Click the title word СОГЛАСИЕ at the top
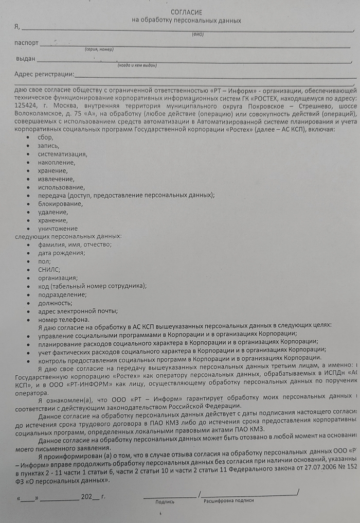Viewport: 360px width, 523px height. (187, 12)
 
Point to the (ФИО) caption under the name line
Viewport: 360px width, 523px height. (198, 34)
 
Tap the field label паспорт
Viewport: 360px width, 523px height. (27, 43)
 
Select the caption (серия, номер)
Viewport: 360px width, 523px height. (99, 50)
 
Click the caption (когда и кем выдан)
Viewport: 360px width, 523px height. (137, 65)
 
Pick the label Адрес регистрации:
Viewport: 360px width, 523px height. (45, 74)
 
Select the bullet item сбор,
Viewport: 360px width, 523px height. (45, 137)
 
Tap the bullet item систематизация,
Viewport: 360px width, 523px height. (62, 154)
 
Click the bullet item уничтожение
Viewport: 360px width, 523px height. (58, 229)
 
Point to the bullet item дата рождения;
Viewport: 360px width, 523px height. (62, 253)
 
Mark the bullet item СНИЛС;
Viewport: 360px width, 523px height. (49, 269)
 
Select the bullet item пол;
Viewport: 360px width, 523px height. (45, 261)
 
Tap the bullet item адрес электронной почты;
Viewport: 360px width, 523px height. (78, 310)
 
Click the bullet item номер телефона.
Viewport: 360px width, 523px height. (63, 319)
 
